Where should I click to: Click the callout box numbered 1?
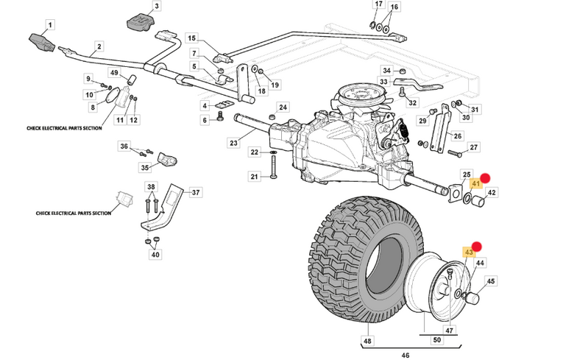click(x=49, y=26)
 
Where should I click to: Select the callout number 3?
click(x=157, y=7)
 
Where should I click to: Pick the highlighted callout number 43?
click(x=469, y=253)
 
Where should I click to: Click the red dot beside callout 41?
click(x=486, y=178)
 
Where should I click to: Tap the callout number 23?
click(x=233, y=143)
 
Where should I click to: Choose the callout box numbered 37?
click(x=195, y=192)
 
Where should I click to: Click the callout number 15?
click(x=191, y=38)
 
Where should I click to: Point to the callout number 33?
click(x=383, y=81)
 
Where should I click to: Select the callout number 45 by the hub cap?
click(x=491, y=280)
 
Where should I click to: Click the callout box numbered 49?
click(x=114, y=72)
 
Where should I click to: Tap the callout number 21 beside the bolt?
click(x=255, y=177)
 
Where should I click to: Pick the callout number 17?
click(x=379, y=4)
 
